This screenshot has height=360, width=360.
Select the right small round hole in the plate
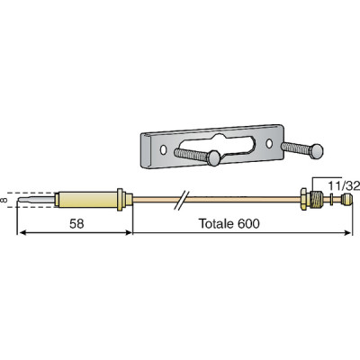(267, 142)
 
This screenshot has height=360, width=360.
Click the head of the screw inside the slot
(215, 158)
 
